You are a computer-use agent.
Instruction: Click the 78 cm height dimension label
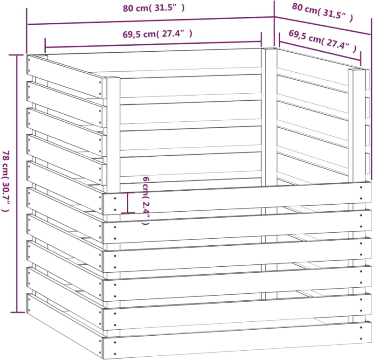point(6,181)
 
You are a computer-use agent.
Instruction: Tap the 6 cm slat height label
point(146,201)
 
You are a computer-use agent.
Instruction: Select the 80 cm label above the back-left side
point(154,8)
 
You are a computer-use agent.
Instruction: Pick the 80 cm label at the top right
point(322,13)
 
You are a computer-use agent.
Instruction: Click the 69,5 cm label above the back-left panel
point(158,34)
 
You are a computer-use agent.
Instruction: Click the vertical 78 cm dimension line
point(17,183)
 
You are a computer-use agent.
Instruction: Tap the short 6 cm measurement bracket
point(128,203)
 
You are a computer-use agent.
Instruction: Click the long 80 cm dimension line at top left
point(151,21)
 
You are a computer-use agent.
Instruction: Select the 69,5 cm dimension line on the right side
point(320,49)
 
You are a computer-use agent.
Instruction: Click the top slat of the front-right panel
point(237,199)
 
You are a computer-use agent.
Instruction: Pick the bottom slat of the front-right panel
point(237,340)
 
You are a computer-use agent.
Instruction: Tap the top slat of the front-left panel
point(66,76)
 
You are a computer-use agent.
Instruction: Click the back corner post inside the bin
point(269,117)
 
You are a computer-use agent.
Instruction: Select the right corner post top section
point(357,125)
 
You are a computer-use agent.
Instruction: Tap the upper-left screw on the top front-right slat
point(115,198)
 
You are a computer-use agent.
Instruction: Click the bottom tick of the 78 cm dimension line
point(17,312)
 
